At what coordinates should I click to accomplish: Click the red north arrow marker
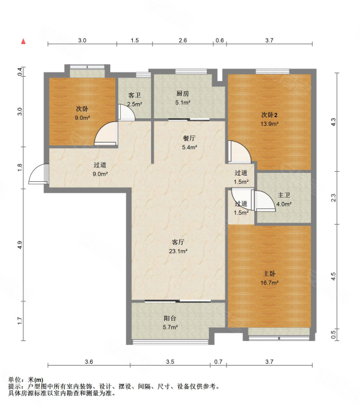pos(23,41)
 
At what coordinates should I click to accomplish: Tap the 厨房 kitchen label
pos(183,93)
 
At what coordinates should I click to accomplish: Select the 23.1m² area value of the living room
pos(178,251)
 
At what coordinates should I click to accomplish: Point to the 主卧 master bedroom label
pos(269,274)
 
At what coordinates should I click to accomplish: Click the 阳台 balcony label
pos(170,318)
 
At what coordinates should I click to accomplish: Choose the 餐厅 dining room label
pos(189,138)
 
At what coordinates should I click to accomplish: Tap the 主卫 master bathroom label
pos(284,195)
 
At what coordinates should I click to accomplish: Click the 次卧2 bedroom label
pos(269,115)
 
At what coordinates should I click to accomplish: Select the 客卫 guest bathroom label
pos(134,95)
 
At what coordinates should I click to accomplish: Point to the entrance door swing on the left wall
pos(38,174)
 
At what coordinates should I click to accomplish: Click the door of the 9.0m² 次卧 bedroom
pos(106,133)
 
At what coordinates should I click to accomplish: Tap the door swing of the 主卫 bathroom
pos(264,201)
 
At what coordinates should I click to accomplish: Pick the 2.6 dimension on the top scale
pos(183,40)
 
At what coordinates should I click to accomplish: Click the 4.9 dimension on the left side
pos(20,245)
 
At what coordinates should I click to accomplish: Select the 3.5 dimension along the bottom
pos(170,362)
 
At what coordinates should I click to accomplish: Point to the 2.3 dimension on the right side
pos(334,198)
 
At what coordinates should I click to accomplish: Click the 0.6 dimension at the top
pos(220,40)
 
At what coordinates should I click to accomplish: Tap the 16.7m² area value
pos(269,283)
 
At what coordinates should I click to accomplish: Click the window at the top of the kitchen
pos(191,71)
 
